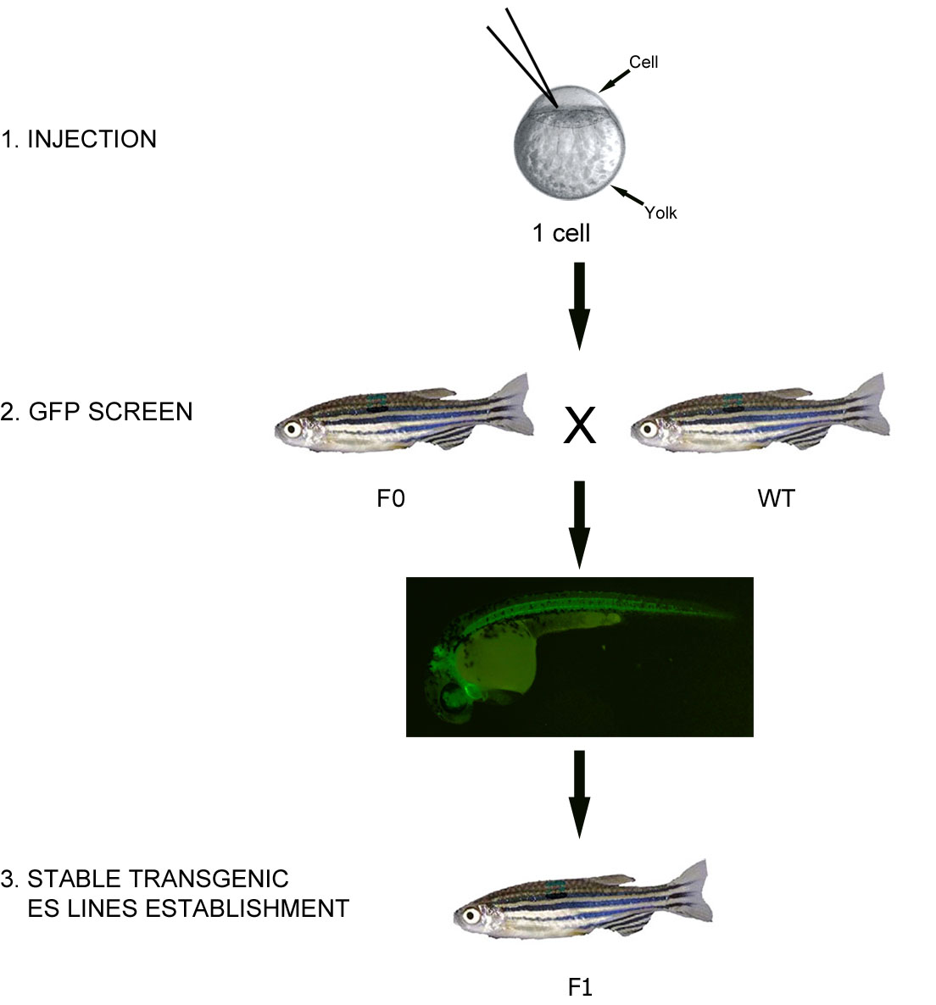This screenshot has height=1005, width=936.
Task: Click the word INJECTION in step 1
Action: [x=92, y=139]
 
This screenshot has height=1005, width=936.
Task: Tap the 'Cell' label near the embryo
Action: [x=643, y=62]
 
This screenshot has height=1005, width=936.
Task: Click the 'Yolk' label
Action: [x=660, y=213]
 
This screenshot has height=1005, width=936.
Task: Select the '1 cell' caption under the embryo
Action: [x=561, y=233]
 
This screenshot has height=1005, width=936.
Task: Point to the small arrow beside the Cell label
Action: [x=614, y=81]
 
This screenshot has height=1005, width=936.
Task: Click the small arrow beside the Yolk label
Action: [x=627, y=195]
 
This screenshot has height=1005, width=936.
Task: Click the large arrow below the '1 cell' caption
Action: [x=580, y=306]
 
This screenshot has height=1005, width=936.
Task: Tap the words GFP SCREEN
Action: [x=110, y=412]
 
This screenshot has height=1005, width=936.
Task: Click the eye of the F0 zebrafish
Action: [x=292, y=428]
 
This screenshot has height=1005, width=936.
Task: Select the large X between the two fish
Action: [x=580, y=425]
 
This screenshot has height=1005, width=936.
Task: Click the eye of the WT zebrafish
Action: [x=648, y=428]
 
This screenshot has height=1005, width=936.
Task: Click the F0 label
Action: [x=391, y=498]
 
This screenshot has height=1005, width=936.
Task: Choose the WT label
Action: [x=776, y=498]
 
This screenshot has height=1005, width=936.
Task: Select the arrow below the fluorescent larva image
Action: [x=580, y=794]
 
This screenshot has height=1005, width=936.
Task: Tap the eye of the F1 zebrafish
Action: [x=471, y=915]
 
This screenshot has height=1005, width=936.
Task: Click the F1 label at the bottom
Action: [x=580, y=987]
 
